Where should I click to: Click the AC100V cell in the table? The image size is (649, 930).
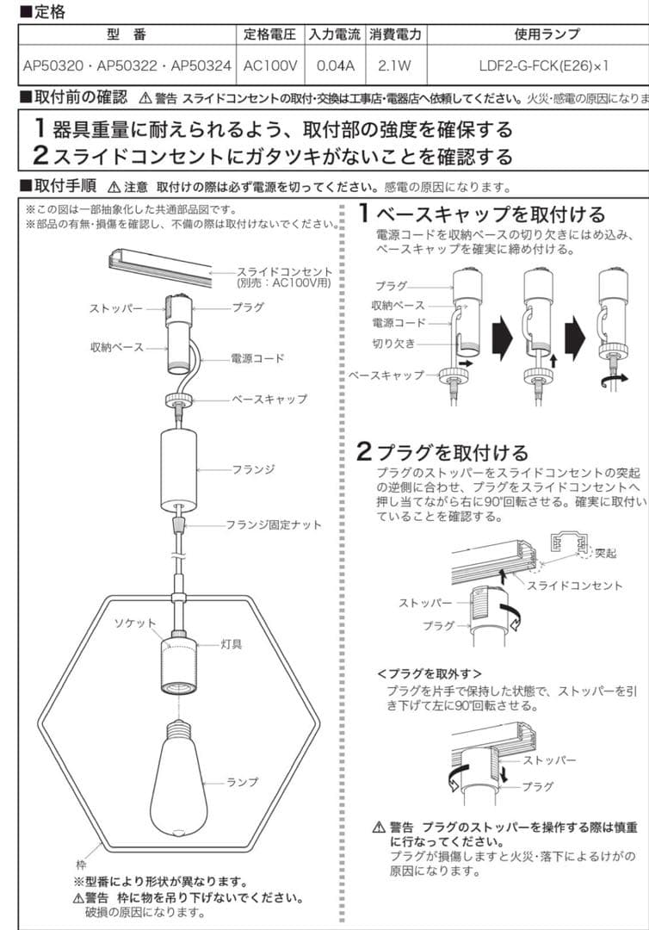click(270, 65)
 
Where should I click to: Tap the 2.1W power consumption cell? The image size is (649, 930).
click(395, 65)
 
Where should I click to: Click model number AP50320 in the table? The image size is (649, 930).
click(52, 65)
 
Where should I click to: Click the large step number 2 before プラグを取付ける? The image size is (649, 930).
click(365, 450)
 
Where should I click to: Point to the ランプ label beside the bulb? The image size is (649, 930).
click(242, 782)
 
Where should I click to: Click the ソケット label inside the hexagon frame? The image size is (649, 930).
click(136, 623)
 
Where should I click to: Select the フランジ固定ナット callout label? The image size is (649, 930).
click(274, 524)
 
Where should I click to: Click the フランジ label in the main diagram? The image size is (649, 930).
click(253, 469)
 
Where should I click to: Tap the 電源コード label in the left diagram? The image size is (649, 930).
click(257, 357)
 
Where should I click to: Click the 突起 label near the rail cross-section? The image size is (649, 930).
click(606, 553)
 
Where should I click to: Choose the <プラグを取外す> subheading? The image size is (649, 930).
click(430, 673)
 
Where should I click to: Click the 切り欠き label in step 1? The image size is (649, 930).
click(394, 344)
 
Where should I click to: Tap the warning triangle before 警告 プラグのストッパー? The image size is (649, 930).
click(379, 828)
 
